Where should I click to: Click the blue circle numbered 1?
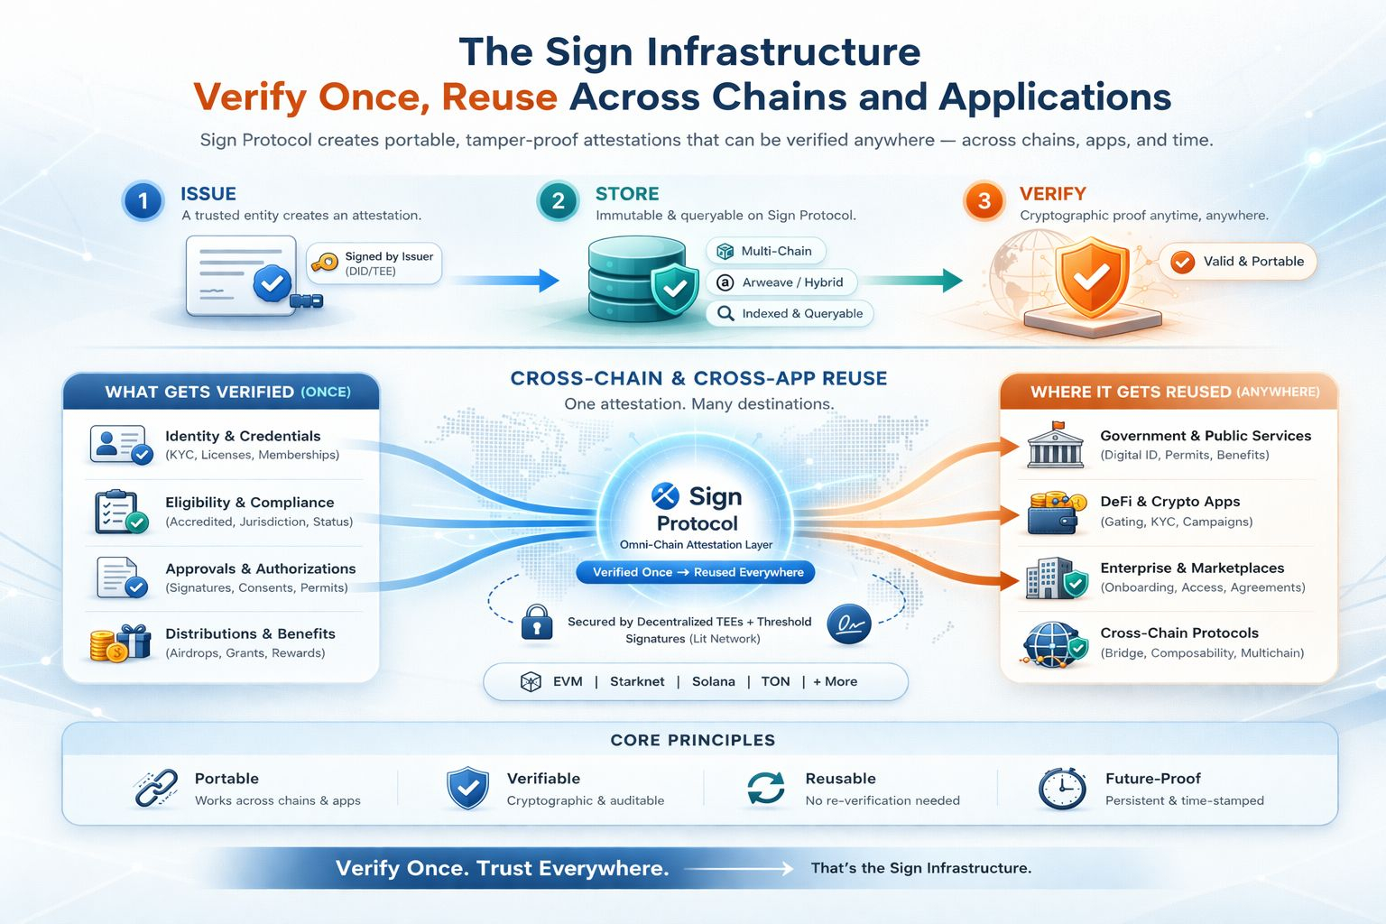(x=143, y=202)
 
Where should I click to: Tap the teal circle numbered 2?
(x=558, y=201)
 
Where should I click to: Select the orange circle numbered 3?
(x=984, y=201)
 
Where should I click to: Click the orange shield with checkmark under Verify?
(x=1092, y=277)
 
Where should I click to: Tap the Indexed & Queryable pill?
(x=790, y=313)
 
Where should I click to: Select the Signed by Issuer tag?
(x=374, y=263)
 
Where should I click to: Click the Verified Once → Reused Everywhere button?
(x=697, y=572)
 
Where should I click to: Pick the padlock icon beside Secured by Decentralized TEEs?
(x=537, y=623)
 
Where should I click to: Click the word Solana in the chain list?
(x=713, y=681)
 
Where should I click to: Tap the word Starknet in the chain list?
(x=637, y=681)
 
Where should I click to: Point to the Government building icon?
(x=1055, y=444)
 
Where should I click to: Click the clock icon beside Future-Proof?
(x=1061, y=789)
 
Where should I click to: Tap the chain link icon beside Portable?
(x=155, y=789)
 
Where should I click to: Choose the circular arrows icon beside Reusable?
(x=766, y=789)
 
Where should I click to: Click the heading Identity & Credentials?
(x=243, y=436)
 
